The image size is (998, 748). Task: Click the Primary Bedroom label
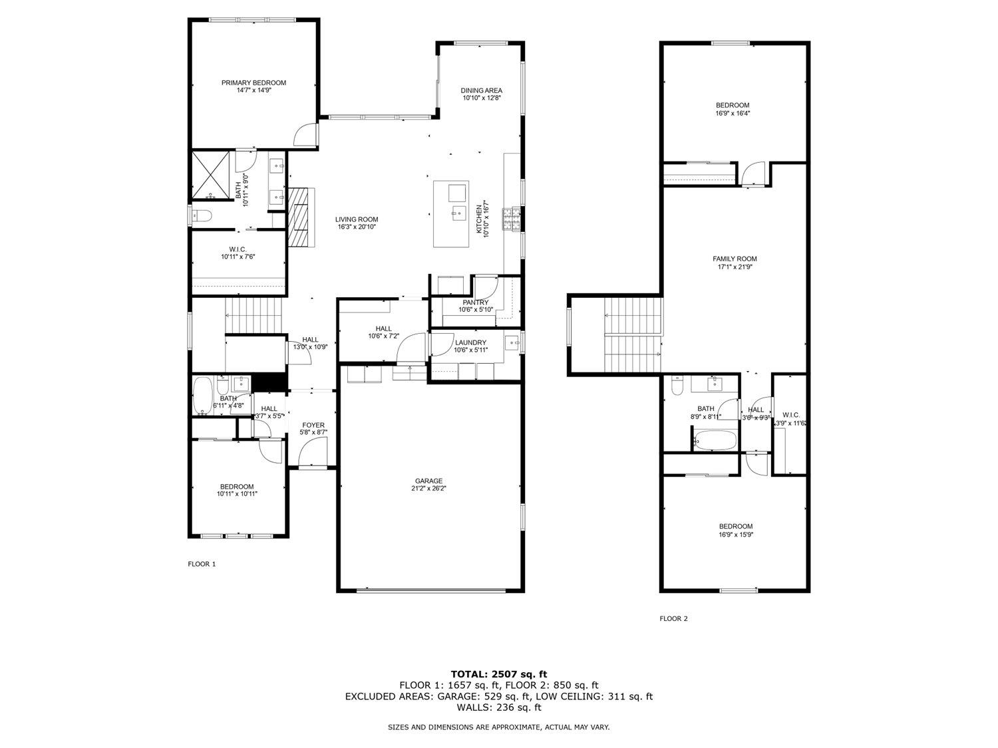pyautogui.click(x=253, y=82)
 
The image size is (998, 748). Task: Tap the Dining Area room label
pyautogui.click(x=482, y=90)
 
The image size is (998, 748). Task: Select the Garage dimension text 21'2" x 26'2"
pyautogui.click(x=429, y=488)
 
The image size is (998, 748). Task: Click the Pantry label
pyautogui.click(x=476, y=303)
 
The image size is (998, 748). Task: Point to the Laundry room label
pyautogui.click(x=470, y=342)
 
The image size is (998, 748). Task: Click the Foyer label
pyautogui.click(x=313, y=425)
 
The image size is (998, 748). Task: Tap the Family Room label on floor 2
pyautogui.click(x=735, y=259)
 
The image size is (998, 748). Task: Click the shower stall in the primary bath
pyautogui.click(x=212, y=176)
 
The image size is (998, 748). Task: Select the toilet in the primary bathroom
pyautogui.click(x=202, y=215)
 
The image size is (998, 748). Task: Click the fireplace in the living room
pyautogui.click(x=301, y=217)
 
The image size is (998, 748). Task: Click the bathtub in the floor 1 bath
pyautogui.click(x=202, y=397)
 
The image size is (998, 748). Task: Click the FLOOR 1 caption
pyautogui.click(x=202, y=564)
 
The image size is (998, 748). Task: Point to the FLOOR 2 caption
pyautogui.click(x=673, y=618)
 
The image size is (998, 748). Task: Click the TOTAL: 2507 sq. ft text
pyautogui.click(x=499, y=674)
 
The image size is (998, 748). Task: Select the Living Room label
pyautogui.click(x=357, y=219)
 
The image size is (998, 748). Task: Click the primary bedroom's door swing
pyautogui.click(x=303, y=136)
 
